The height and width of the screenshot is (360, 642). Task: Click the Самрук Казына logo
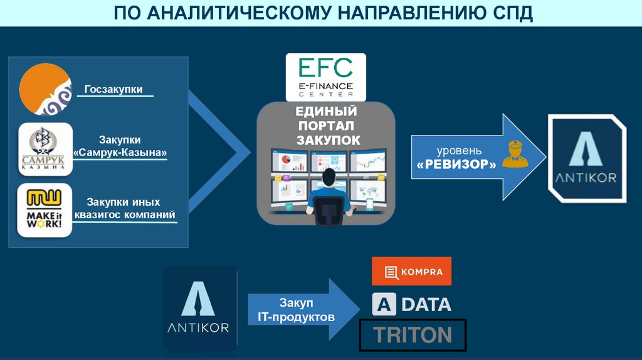(x=45, y=148)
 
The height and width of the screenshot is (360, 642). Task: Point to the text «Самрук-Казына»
(x=120, y=152)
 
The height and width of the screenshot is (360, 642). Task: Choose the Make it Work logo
(x=45, y=210)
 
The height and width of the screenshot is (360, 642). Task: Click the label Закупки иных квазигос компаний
(x=124, y=209)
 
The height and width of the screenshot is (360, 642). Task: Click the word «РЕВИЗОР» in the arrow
(x=455, y=164)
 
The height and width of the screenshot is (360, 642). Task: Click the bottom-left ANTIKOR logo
(x=200, y=307)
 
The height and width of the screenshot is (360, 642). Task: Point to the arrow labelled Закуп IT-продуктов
(x=302, y=310)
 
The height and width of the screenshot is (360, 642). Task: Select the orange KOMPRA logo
(x=411, y=272)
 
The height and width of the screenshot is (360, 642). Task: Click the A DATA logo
(x=411, y=304)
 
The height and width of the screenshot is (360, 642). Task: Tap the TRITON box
(x=413, y=335)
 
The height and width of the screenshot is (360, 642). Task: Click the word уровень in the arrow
(x=459, y=151)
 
